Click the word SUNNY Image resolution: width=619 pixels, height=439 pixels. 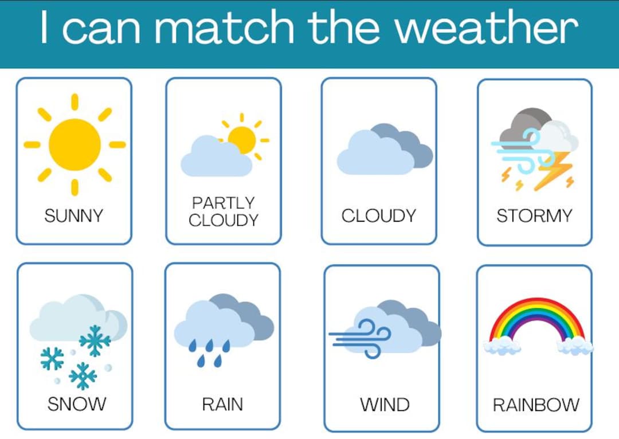(x=74, y=216)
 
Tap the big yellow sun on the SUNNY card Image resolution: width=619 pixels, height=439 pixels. (x=75, y=144)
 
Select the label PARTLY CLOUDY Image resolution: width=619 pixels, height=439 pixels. (x=223, y=211)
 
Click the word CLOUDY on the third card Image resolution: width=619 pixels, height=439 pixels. (x=378, y=216)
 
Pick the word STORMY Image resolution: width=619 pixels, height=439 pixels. (x=534, y=216)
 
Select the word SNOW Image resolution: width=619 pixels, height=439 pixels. (x=76, y=404)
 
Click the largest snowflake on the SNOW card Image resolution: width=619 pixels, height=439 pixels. (x=95, y=340)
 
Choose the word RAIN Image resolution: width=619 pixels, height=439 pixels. (x=222, y=404)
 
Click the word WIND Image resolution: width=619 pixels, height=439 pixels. (x=385, y=405)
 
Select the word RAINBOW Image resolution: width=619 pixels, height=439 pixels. (x=536, y=405)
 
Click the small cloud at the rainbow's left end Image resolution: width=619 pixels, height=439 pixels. (x=502, y=346)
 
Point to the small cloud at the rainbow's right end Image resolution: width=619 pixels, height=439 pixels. (x=574, y=345)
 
